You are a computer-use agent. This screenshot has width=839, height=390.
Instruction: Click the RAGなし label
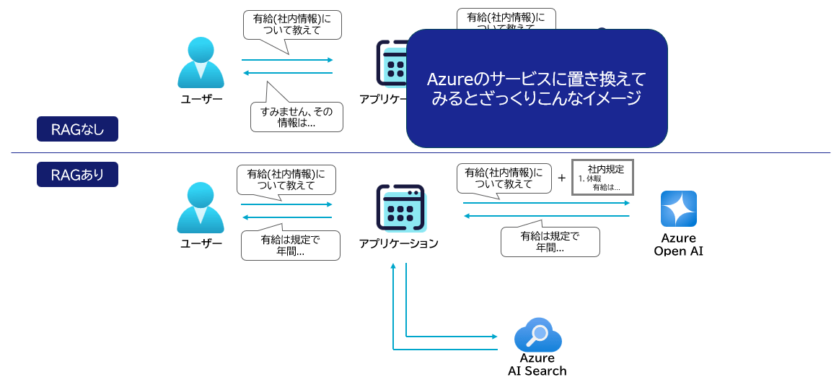pos(77,129)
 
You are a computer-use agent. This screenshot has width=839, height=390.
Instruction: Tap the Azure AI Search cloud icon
pos(537,335)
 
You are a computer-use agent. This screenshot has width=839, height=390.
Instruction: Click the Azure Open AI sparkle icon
pos(678,209)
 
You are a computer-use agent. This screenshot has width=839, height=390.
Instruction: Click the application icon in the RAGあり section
pos(400,208)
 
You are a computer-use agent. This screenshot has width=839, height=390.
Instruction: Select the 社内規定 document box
pos(602,178)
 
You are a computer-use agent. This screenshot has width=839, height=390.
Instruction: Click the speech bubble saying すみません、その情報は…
pos(296,116)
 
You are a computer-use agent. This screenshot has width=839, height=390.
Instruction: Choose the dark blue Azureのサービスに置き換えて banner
pos(536,88)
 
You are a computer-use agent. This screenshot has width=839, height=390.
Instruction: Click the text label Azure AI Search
pos(537,365)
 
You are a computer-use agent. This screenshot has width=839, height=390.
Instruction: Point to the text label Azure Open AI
pos(678,244)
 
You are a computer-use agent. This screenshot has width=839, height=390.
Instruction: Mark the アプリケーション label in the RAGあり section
pos(399,243)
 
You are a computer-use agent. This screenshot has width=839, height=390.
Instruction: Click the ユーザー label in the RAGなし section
pos(201,100)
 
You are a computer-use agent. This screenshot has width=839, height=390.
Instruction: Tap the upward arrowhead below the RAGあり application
pos(393,266)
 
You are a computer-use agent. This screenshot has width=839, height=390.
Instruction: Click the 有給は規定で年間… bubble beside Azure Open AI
pos(550,241)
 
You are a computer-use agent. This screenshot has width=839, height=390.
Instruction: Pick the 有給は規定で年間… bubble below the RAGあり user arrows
pos(290,246)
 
